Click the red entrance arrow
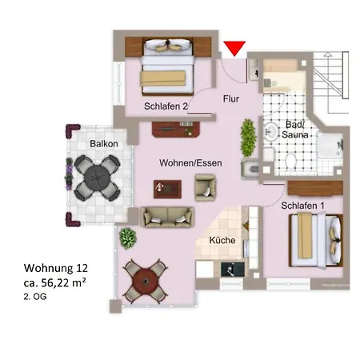234,47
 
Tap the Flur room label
231,99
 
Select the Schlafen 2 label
166,106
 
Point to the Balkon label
104,144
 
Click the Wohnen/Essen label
190,162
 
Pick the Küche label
222,240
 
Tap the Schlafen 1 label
302,206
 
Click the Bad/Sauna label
295,130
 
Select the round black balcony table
97,178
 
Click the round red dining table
146,282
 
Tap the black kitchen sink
233,269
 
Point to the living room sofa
167,217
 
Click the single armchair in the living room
206,187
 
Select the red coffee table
167,189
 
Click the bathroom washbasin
271,132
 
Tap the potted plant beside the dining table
128,238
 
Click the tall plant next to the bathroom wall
249,138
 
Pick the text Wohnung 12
56,268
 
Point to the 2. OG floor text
35,297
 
